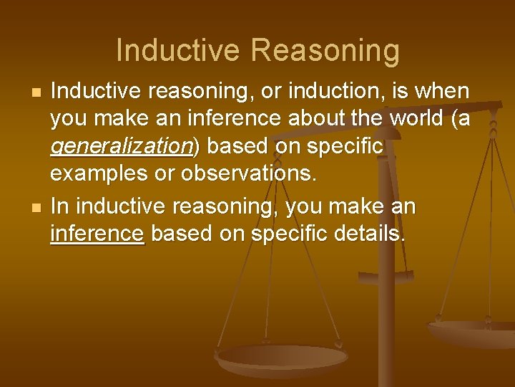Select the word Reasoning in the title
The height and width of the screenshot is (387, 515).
click(x=325, y=51)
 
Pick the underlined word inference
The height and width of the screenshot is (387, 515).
click(x=97, y=233)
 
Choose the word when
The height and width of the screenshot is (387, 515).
click(x=443, y=92)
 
